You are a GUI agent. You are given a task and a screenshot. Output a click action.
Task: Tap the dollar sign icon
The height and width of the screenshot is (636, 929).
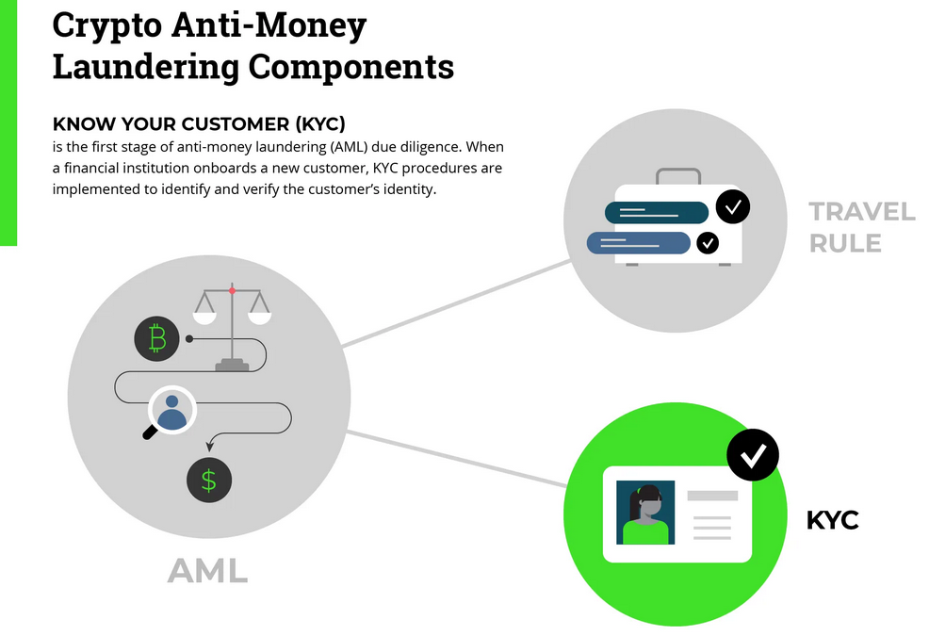[209, 481]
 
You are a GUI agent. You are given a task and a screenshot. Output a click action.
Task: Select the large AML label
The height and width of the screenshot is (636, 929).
[207, 570]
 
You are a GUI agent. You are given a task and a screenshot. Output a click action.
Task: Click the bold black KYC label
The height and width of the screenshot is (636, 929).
[832, 519]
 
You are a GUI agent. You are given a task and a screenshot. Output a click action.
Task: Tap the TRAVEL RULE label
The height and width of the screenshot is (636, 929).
[861, 227]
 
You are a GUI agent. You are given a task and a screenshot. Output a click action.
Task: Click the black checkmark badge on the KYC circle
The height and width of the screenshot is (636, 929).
[753, 455]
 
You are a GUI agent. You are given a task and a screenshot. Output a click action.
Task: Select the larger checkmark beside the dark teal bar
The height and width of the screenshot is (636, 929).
[733, 206]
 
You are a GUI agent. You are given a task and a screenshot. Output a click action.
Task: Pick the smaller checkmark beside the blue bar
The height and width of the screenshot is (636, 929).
[707, 243]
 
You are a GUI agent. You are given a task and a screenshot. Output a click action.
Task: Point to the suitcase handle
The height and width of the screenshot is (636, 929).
[678, 174]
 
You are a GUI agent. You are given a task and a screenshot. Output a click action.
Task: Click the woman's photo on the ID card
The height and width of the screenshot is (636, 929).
[645, 513]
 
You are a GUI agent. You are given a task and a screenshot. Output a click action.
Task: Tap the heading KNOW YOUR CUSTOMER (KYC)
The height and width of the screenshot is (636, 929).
[199, 124]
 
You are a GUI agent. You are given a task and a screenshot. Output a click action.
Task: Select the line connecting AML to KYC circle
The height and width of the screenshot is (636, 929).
[457, 459]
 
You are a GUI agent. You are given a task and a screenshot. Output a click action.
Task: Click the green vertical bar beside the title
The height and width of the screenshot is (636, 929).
[8, 122]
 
